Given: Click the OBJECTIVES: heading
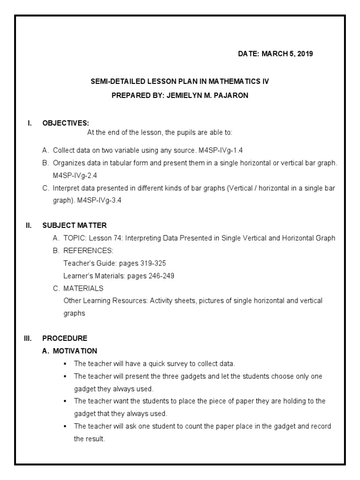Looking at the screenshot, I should tap(66, 123).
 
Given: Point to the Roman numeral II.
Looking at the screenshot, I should tap(29, 225).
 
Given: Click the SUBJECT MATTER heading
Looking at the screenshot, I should tap(75, 225).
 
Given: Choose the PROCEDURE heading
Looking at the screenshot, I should tap(65, 338).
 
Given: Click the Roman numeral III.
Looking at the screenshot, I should tap(28, 338).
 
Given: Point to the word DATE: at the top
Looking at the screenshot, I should tap(248, 53).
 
